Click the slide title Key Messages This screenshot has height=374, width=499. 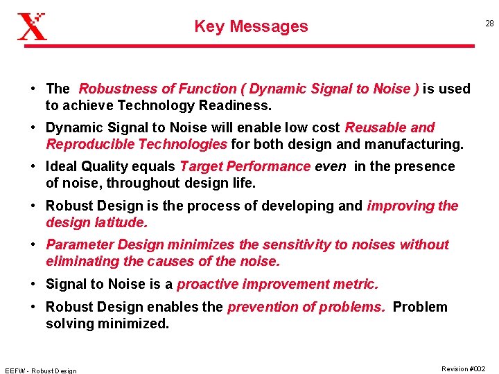point(251,26)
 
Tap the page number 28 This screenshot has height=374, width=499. point(489,24)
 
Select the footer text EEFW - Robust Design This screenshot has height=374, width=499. point(40,371)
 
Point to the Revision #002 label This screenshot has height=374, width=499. point(463,368)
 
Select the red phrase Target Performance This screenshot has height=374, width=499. point(245,166)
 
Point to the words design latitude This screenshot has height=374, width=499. point(96,222)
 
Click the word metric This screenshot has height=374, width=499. point(358,284)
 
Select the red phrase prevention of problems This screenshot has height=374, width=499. point(306,307)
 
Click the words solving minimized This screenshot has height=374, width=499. point(107,323)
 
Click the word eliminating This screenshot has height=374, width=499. point(80,261)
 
